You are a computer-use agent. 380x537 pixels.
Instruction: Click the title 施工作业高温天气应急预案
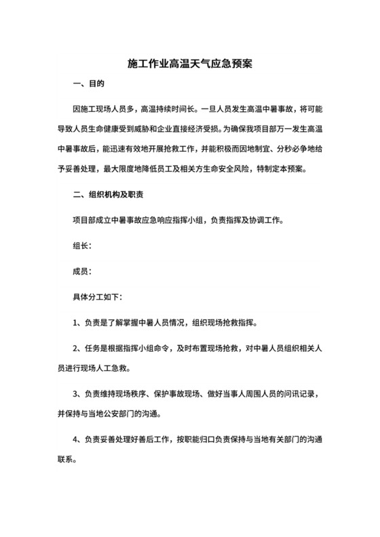click(x=190, y=64)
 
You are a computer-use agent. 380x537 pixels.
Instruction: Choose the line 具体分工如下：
click(x=98, y=296)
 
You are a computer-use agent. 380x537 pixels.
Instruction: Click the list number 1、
click(x=78, y=322)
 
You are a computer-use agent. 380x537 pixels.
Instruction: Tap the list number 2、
click(x=78, y=348)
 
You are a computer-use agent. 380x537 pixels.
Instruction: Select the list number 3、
click(x=78, y=393)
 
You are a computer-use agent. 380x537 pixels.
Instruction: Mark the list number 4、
click(x=78, y=439)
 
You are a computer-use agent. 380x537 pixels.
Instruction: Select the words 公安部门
click(x=144, y=413)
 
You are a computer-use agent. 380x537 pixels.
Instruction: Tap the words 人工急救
click(x=113, y=367)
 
